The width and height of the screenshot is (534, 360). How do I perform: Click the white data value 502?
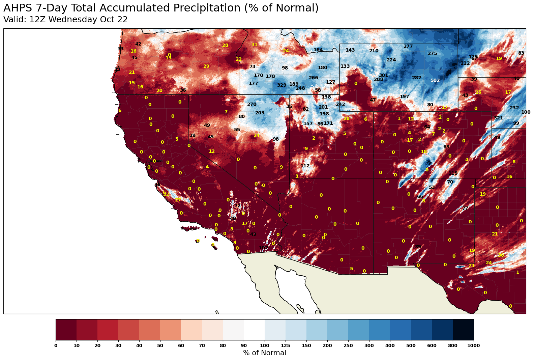click(x=435, y=81)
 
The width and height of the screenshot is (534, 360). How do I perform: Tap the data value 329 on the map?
click(x=281, y=85)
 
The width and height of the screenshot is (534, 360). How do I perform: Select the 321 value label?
click(x=498, y=118)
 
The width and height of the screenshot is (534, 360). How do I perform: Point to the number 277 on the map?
click(x=408, y=47)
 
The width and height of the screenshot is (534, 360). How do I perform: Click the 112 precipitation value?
click(x=305, y=166)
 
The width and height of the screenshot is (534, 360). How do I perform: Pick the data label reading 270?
click(x=251, y=105)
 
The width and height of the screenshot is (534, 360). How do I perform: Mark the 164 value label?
click(x=318, y=50)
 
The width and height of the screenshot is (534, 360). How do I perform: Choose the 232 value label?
click(x=514, y=108)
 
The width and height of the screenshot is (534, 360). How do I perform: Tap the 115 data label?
click(x=453, y=173)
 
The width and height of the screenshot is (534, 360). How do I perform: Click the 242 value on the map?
click(x=340, y=105)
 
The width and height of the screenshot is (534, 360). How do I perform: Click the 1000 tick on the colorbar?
click(x=474, y=345)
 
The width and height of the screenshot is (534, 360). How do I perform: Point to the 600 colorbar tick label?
click(x=432, y=345)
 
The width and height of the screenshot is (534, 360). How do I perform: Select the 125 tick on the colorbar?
click(x=286, y=345)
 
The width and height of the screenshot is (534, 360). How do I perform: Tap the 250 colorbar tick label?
click(x=348, y=345)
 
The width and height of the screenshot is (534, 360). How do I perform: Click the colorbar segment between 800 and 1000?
click(x=463, y=330)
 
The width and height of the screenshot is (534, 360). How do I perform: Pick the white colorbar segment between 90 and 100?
click(x=254, y=330)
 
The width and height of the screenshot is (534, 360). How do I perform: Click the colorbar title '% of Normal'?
click(x=264, y=353)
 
